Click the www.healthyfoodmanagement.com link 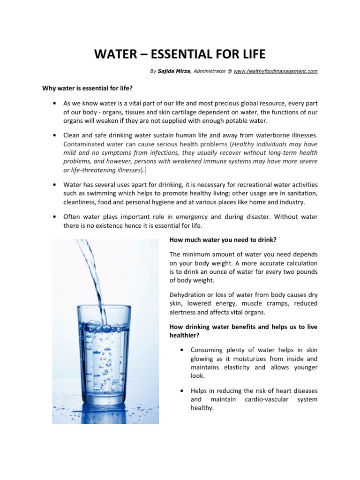click(x=276, y=71)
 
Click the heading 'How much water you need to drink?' click(x=223, y=240)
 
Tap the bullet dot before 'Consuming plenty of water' click(x=181, y=350)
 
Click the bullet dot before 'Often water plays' click(x=55, y=217)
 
